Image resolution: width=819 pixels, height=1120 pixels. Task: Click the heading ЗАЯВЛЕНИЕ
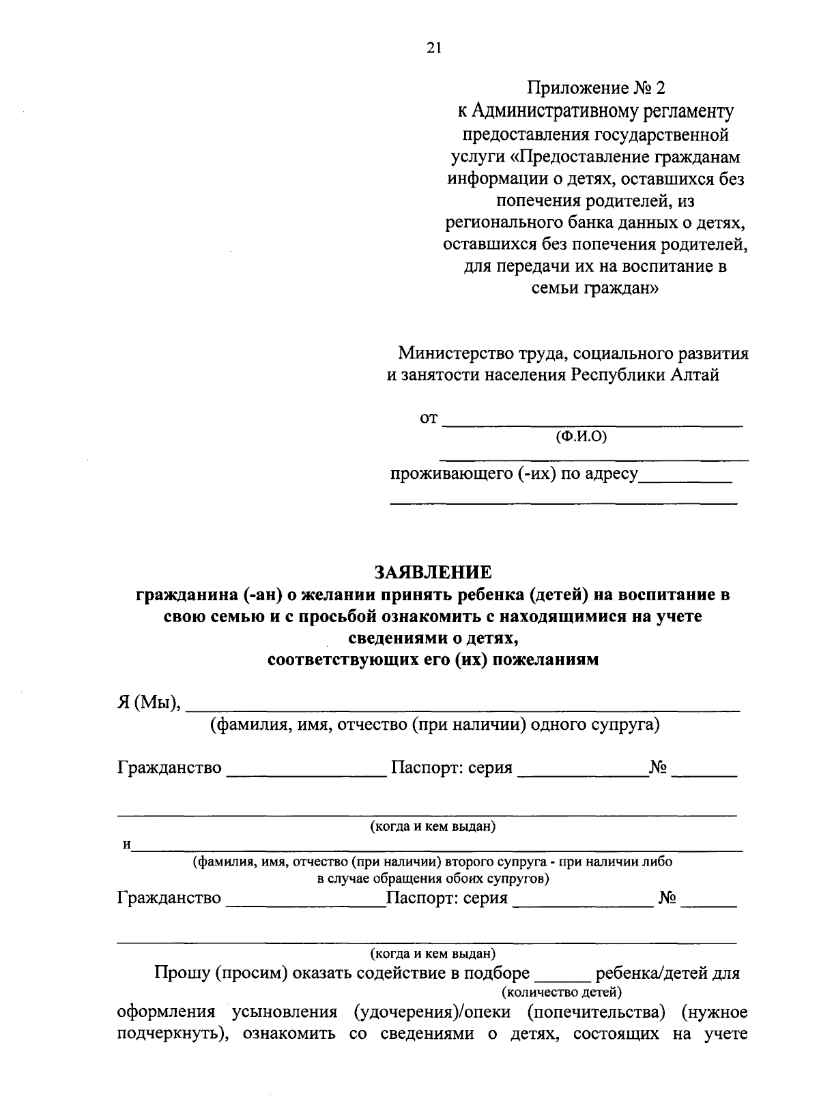[433, 572]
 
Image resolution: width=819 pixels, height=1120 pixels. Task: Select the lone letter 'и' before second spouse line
[126, 845]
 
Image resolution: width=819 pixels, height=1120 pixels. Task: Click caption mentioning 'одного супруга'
[435, 724]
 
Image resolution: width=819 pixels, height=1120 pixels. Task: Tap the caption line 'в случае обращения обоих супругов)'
[434, 879]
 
